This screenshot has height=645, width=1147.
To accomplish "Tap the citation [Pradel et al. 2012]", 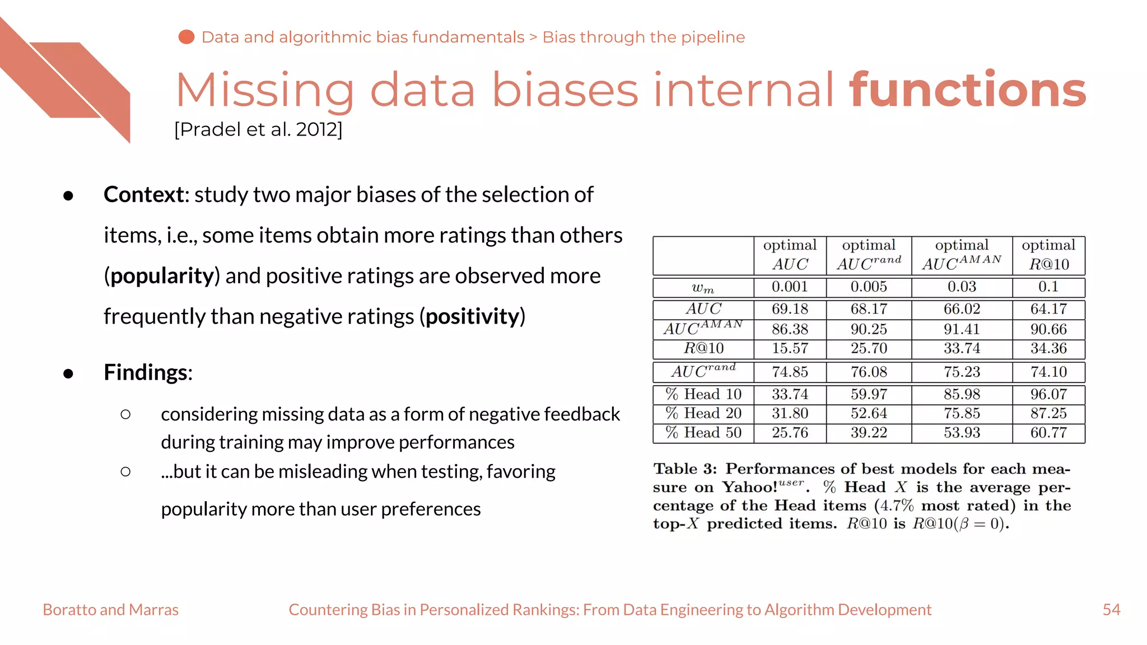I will tap(258, 129).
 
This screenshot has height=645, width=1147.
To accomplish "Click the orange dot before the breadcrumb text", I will tap(186, 37).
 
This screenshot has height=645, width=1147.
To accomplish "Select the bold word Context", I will tap(144, 194).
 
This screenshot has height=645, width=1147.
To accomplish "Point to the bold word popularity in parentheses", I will tap(162, 275).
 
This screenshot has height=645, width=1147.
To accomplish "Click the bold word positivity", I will tap(473, 316).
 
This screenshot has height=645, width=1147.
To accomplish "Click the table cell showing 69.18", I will tap(790, 309).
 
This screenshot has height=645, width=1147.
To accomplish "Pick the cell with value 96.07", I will tap(1048, 394).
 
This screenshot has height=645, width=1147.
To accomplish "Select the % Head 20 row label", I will tap(703, 413).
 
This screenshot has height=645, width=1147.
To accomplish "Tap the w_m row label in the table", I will tap(703, 288).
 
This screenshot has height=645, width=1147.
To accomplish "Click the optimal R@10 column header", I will tap(1048, 255).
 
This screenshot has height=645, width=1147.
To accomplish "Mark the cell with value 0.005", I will tap(869, 287).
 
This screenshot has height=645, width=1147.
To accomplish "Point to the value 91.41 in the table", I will tap(962, 329).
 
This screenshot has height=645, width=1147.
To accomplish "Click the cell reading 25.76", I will tap(790, 433).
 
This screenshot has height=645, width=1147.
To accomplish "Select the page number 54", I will tap(1111, 609).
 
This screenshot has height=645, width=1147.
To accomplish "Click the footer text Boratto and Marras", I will tap(110, 609).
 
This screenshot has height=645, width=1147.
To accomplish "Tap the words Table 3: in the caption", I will tap(685, 469).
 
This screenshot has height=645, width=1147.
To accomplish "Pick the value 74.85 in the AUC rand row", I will tap(790, 372).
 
